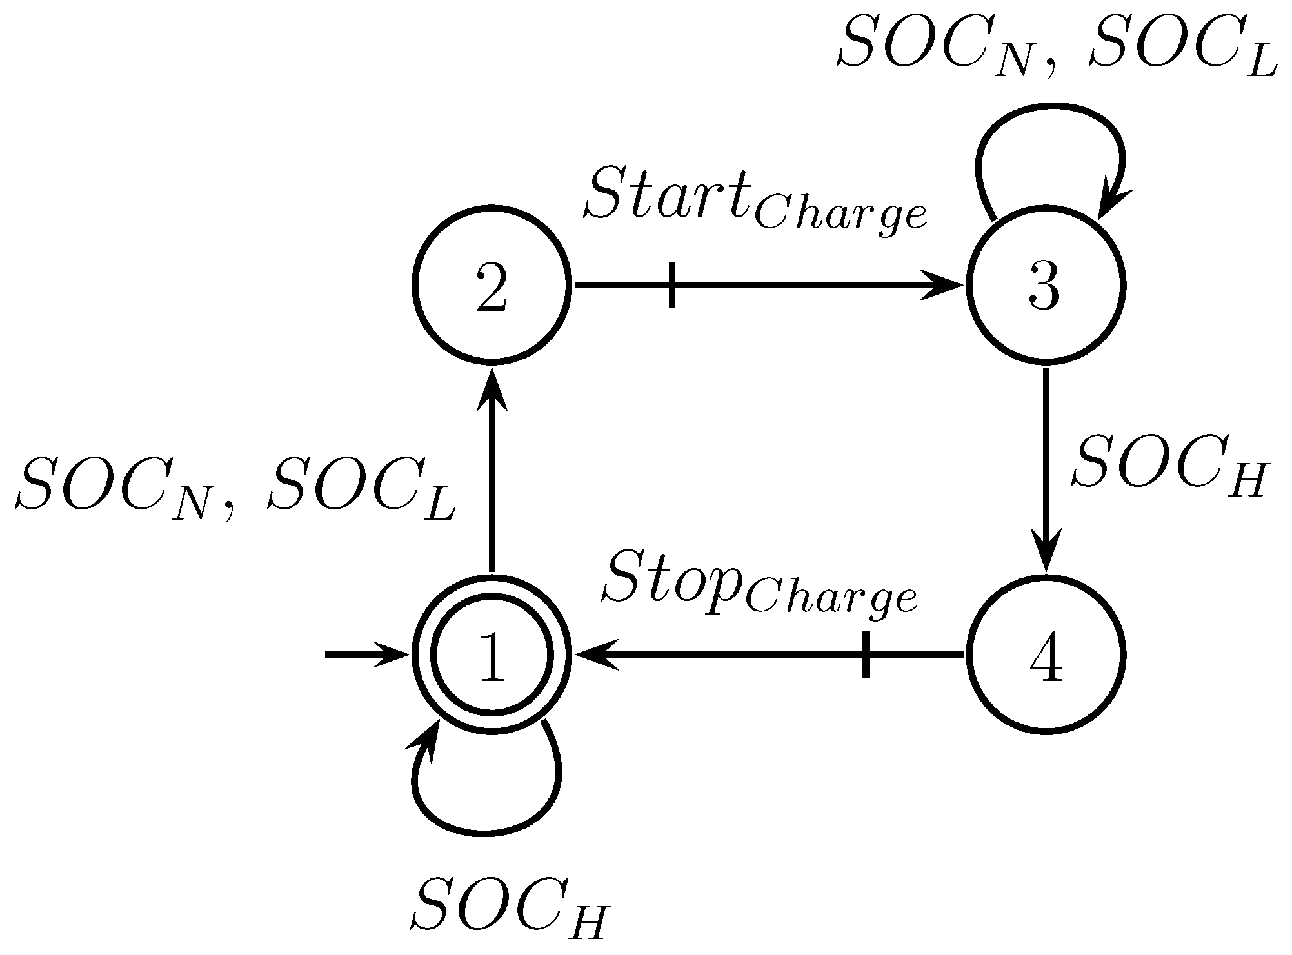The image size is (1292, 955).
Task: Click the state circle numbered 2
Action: pos(492,284)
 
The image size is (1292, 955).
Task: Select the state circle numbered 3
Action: pos(1045,284)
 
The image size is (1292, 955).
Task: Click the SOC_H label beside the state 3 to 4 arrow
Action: pos(1168,467)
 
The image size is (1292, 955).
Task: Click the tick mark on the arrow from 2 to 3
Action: pos(672,284)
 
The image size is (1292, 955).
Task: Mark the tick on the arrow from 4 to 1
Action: pos(866,655)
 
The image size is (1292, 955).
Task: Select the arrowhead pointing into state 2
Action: pos(492,390)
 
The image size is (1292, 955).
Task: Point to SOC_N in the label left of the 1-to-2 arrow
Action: pos(116,493)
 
